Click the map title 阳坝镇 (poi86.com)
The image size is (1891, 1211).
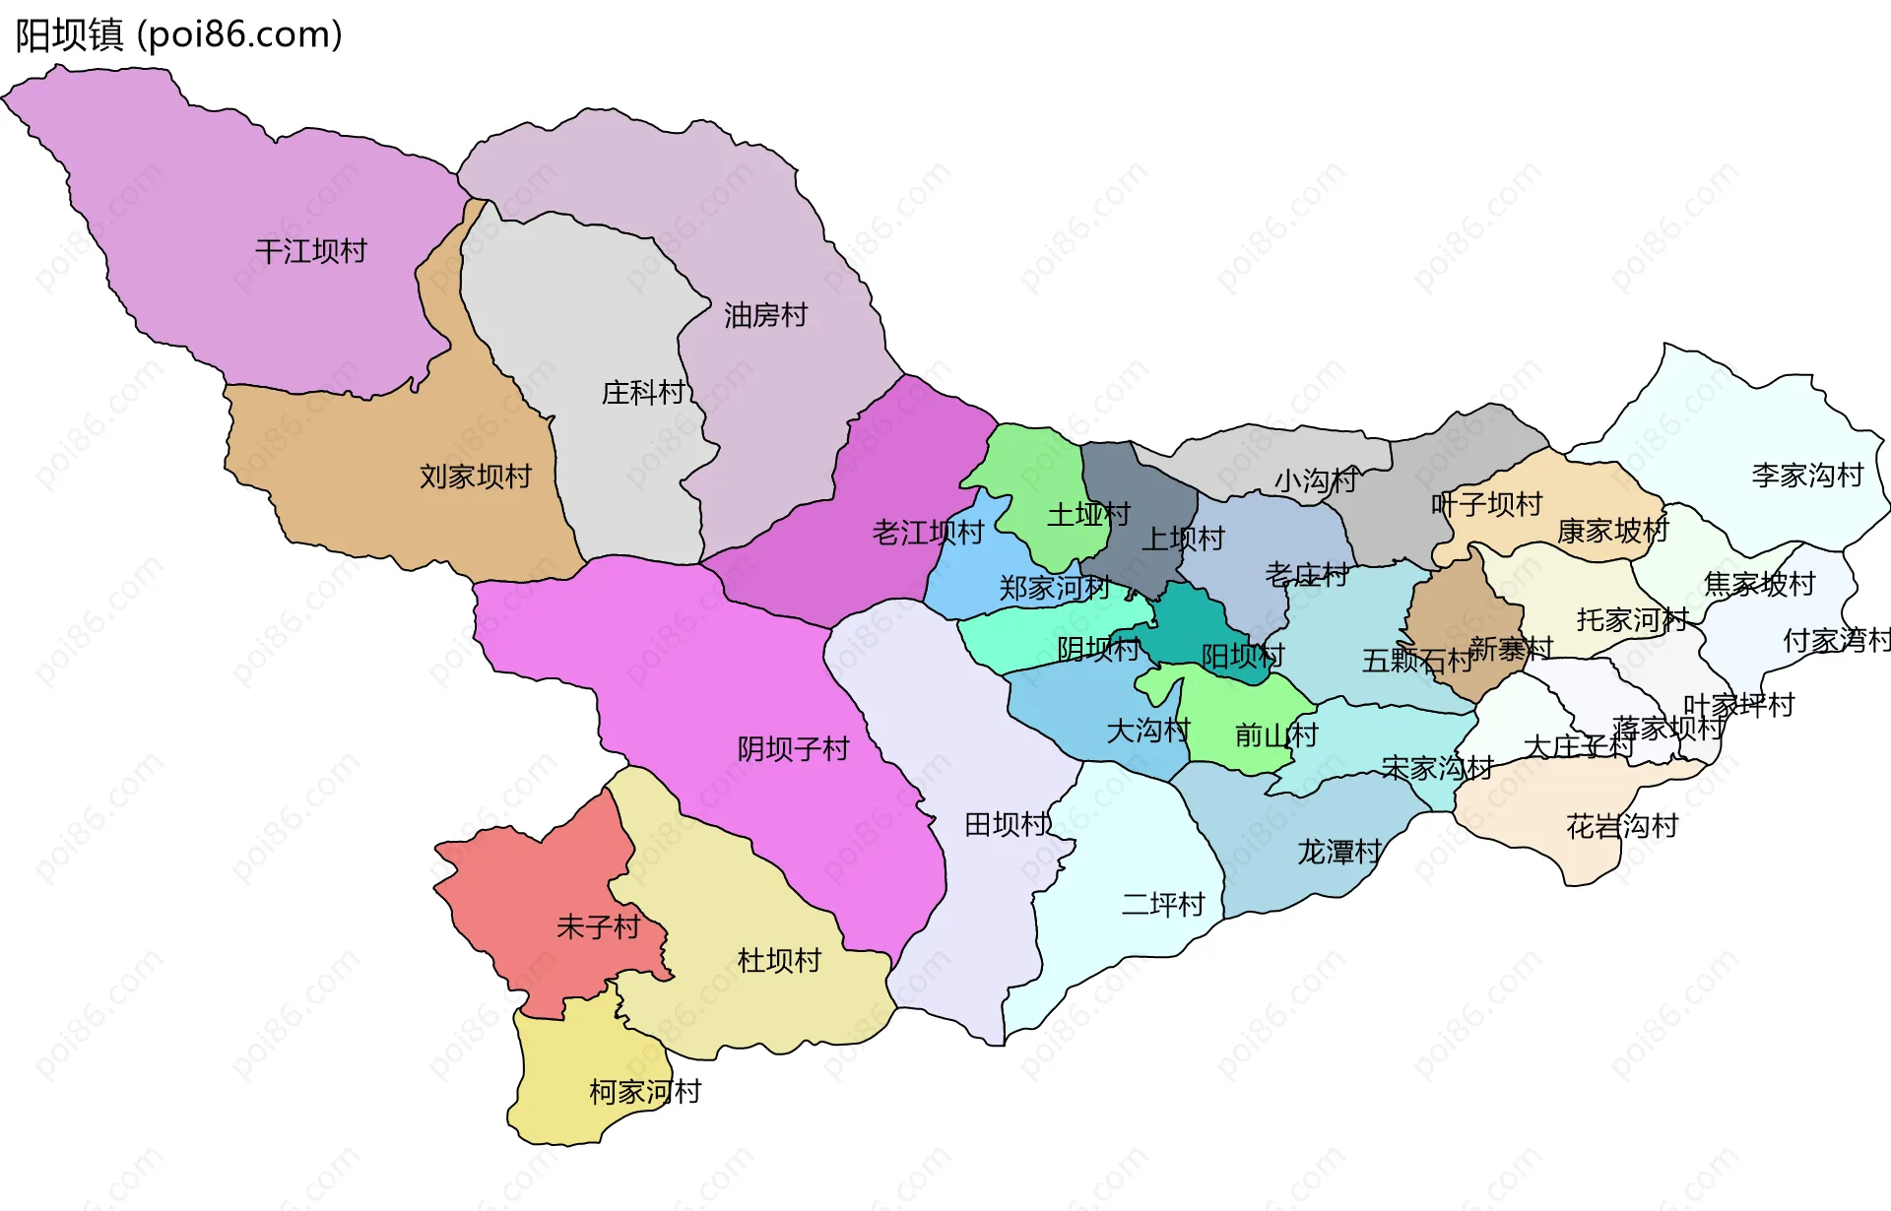(x=178, y=34)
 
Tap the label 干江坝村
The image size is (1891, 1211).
(x=310, y=251)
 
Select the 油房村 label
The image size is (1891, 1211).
(x=765, y=315)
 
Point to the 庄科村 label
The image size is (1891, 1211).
(x=643, y=393)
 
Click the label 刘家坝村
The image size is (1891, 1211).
(x=475, y=477)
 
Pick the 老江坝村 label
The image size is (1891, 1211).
(x=928, y=533)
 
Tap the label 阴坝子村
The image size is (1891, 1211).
(x=793, y=749)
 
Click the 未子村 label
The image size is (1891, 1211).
(x=598, y=926)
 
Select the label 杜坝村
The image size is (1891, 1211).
(x=779, y=960)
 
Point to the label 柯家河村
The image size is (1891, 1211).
(x=645, y=1091)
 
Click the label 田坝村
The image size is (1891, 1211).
(x=1006, y=824)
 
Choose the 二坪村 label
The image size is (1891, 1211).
(x=1163, y=904)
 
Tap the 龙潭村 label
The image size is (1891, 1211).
(x=1338, y=852)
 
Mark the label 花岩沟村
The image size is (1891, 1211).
(x=1621, y=826)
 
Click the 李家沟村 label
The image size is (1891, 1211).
(x=1807, y=476)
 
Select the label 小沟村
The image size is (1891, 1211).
(x=1315, y=480)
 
